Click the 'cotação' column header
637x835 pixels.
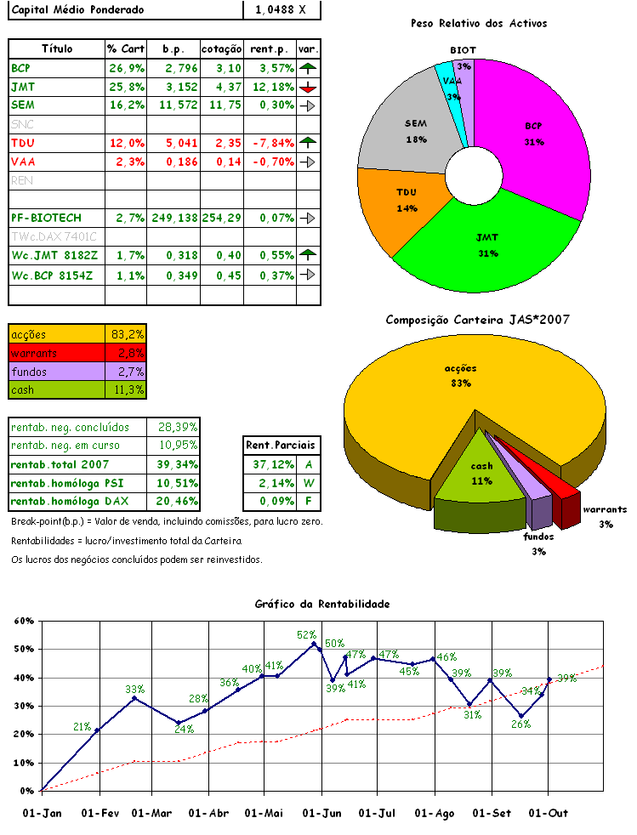pyautogui.click(x=222, y=48)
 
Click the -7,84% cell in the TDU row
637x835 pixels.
pyautogui.click(x=270, y=143)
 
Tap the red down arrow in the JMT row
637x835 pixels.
pyautogui.click(x=308, y=87)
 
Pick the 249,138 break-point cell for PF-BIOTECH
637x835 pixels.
pyautogui.click(x=173, y=219)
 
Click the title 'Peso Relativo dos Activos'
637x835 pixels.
pyautogui.click(x=478, y=23)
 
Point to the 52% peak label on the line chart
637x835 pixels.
pyautogui.click(x=306, y=634)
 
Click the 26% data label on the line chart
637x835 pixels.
pyautogui.click(x=520, y=724)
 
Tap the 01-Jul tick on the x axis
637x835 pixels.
pyautogui.click(x=377, y=814)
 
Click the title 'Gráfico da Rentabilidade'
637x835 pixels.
pyautogui.click(x=321, y=604)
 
